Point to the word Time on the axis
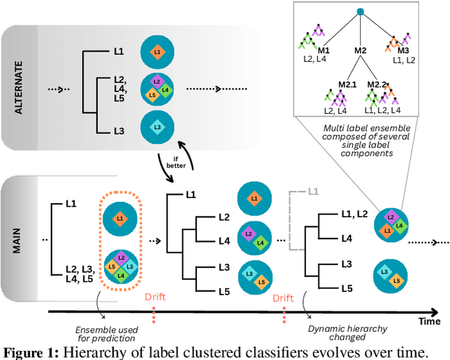tap(430, 321)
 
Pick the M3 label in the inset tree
tap(403, 51)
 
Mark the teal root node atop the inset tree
tap(361, 11)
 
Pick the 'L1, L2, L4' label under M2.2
tap(382, 110)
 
